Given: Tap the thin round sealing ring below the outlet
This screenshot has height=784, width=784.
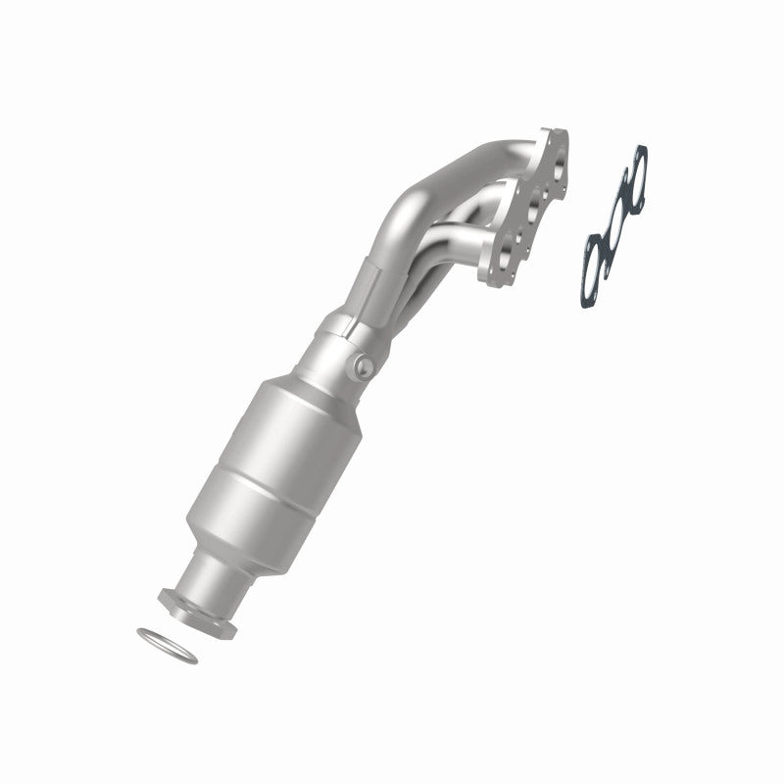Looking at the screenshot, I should [x=167, y=645].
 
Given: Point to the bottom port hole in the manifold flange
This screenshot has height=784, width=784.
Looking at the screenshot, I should [x=507, y=257].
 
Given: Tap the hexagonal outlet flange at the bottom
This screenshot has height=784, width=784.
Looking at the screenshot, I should [x=197, y=613].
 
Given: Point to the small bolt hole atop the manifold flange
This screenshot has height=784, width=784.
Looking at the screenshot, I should [x=558, y=138].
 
